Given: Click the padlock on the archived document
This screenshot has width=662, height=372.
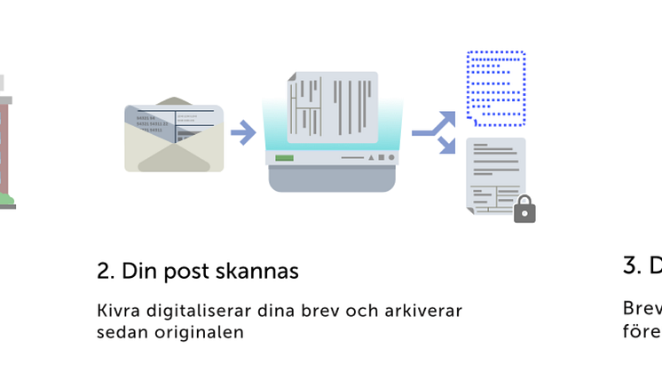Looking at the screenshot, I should (x=524, y=210).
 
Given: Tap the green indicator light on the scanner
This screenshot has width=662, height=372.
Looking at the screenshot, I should (x=285, y=158).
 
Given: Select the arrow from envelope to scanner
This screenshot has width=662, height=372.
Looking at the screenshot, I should (x=242, y=133).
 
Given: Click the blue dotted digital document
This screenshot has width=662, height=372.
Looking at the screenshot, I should (x=496, y=87).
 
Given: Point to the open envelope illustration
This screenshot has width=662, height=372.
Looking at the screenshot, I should (x=174, y=135).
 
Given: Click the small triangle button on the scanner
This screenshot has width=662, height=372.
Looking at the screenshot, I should (x=370, y=158).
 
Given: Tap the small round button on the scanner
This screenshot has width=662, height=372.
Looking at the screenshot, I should (x=390, y=158).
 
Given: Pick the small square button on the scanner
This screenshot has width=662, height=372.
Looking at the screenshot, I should (x=380, y=158).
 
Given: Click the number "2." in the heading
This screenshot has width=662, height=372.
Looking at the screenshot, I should (x=106, y=272).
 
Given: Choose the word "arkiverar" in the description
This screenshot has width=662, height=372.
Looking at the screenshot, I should (x=428, y=312).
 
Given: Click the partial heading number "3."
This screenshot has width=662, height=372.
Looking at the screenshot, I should (x=632, y=265).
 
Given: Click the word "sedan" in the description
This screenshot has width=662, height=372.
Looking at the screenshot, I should (x=119, y=333).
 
